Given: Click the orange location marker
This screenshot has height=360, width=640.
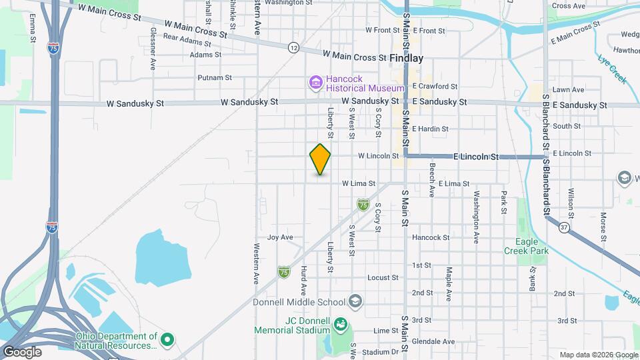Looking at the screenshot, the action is (x=320, y=159).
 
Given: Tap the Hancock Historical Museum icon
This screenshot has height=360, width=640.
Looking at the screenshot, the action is (x=315, y=82).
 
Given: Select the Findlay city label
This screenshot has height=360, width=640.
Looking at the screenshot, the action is (x=407, y=58).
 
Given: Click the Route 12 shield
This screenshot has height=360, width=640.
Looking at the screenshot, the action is (x=293, y=47).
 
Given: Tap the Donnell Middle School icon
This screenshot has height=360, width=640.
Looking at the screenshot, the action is (x=355, y=302).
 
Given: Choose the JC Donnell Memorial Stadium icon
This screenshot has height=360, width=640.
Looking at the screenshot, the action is (x=341, y=324).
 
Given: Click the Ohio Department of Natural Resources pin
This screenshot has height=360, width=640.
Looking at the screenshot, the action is (x=167, y=341).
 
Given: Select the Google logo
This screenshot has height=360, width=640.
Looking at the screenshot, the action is (x=22, y=351).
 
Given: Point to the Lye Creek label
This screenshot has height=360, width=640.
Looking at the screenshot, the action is (x=612, y=69).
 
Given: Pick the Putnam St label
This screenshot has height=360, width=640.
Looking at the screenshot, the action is (x=214, y=77).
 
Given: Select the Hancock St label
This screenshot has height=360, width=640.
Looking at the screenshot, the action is (x=431, y=237).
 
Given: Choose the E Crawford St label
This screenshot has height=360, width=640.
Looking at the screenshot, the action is (x=435, y=87).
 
